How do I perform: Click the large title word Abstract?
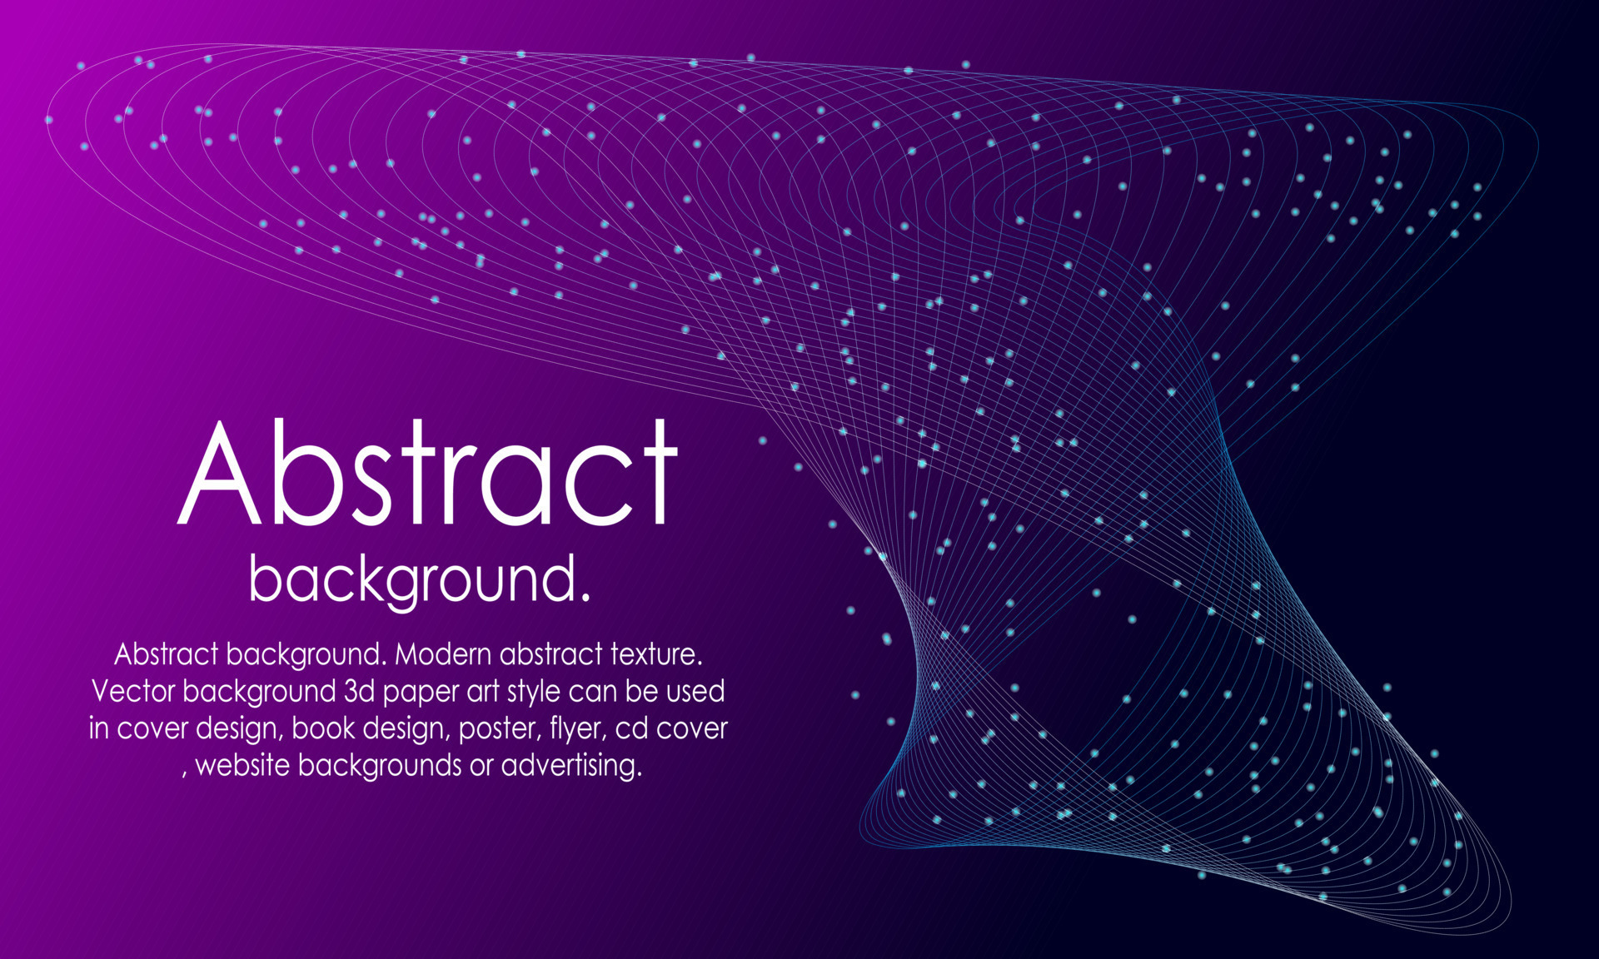point(428,473)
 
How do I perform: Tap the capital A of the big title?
point(219,473)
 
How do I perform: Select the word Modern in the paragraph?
point(443,654)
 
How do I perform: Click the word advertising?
point(571,767)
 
